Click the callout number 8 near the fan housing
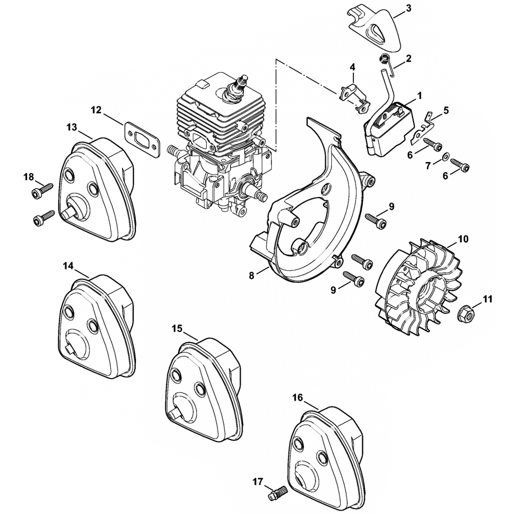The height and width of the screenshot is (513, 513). (x=252, y=275)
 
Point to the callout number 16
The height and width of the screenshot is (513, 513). (x=298, y=398)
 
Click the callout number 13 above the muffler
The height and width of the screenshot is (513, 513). (x=71, y=126)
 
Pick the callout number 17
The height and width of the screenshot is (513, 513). (x=258, y=481)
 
